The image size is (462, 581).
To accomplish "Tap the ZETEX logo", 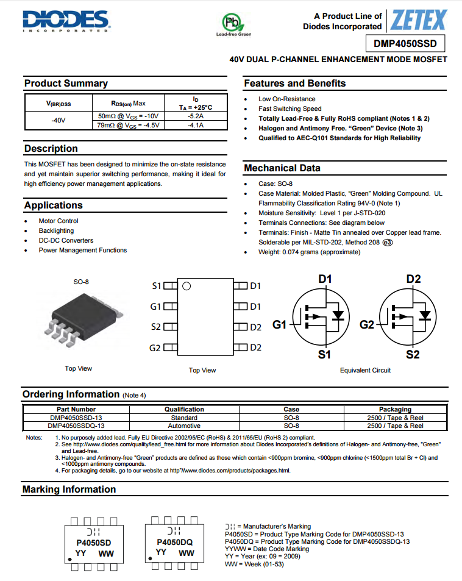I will (x=419, y=21).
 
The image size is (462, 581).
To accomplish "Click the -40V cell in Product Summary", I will (x=59, y=120).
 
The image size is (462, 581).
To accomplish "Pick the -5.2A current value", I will (x=196, y=115).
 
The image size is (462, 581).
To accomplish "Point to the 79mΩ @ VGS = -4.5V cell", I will (x=128, y=125).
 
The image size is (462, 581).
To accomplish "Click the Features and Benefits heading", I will (x=294, y=84).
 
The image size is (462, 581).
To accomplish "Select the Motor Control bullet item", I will (x=59, y=221).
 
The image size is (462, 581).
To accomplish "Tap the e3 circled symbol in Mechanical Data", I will (x=388, y=242).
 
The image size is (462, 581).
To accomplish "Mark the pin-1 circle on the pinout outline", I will (x=187, y=285).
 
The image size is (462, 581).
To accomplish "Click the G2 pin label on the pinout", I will (x=155, y=348).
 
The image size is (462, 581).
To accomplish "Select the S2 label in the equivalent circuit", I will (x=413, y=354).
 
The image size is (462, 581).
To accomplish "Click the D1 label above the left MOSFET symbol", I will (x=325, y=279).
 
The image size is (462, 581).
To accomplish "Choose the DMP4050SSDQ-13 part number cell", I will (x=76, y=426).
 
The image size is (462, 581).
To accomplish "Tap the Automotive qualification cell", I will (x=184, y=426).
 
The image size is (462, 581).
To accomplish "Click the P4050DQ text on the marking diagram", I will (x=174, y=542).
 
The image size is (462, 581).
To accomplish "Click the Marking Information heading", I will (x=69, y=489).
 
